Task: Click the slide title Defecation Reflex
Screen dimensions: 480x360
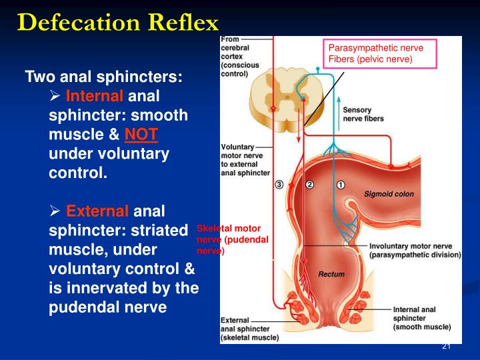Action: click(x=118, y=23)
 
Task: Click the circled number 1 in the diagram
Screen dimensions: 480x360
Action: click(x=341, y=185)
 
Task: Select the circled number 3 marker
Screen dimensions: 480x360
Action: click(x=279, y=185)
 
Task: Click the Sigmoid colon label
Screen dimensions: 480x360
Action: click(x=389, y=195)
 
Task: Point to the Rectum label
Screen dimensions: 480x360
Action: click(x=331, y=274)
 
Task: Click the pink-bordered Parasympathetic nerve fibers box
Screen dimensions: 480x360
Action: click(x=379, y=53)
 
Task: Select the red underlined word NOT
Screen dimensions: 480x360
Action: click(x=141, y=135)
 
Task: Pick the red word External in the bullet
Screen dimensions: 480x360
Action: click(x=97, y=212)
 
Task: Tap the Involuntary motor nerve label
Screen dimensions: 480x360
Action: click(x=415, y=250)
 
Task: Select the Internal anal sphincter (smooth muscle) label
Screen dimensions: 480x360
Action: click(x=421, y=318)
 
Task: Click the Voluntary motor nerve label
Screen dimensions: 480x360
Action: click(x=245, y=159)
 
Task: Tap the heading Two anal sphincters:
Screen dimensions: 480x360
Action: click(x=103, y=77)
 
